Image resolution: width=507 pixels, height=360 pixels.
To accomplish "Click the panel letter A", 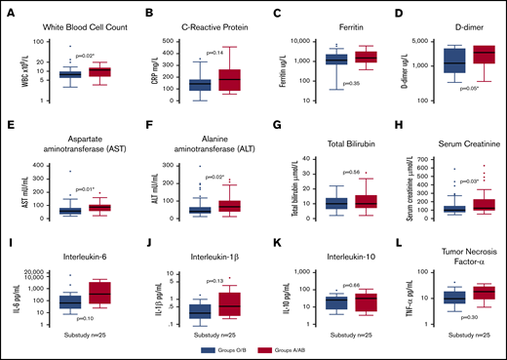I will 9,12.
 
